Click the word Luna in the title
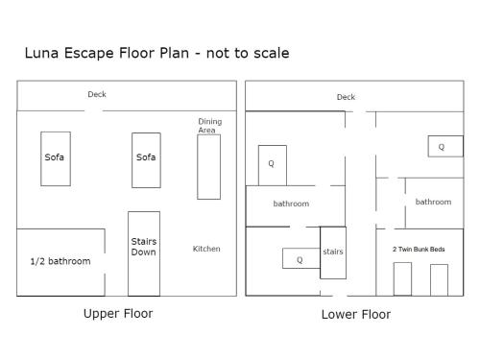click(41, 53)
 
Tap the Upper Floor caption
click(118, 314)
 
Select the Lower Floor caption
click(356, 315)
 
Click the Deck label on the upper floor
click(97, 94)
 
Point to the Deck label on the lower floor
click(346, 97)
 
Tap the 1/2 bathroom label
click(60, 261)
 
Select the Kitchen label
click(206, 249)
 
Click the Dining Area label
click(210, 126)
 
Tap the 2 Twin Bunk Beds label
click(419, 249)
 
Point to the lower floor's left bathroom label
click(291, 204)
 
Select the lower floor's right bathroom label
click(433, 202)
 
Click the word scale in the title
click(271, 53)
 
